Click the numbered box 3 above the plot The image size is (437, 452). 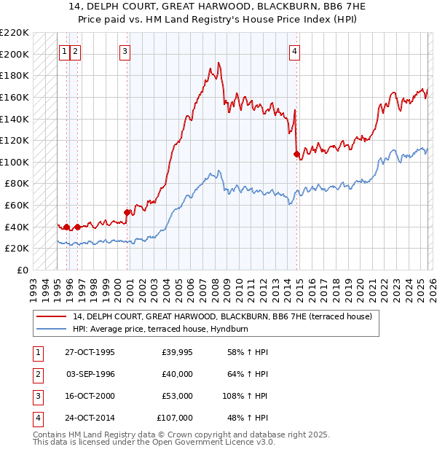coord(125,51)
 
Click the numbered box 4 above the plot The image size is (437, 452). coord(294,51)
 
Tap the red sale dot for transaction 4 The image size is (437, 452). coord(296,154)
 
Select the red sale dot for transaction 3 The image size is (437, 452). coord(127,212)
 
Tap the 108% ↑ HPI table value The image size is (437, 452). coord(245,396)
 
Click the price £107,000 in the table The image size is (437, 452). coord(175,418)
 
